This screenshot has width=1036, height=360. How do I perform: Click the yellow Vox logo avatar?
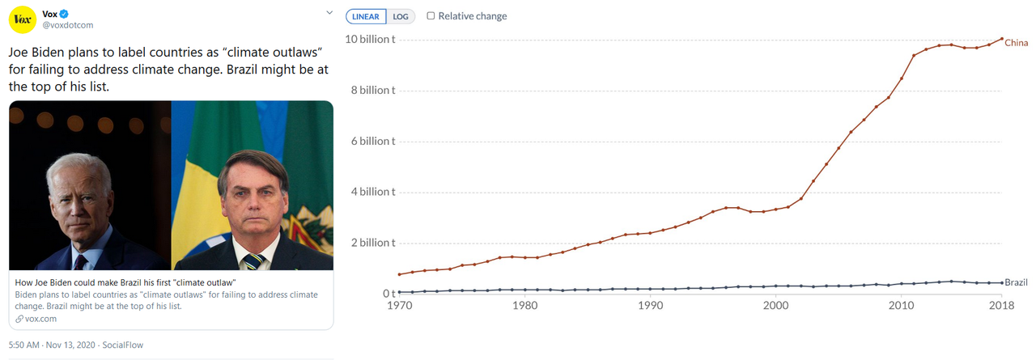(22, 19)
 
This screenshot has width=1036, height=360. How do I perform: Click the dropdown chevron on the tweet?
(329, 13)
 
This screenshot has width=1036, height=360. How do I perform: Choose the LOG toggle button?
(401, 16)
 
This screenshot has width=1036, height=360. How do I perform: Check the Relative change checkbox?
(431, 15)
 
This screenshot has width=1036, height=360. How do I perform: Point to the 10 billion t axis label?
(372, 40)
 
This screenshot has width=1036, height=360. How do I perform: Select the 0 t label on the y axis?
(388, 293)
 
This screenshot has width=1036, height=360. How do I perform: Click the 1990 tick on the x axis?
(650, 307)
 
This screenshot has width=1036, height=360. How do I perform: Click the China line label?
(1016, 43)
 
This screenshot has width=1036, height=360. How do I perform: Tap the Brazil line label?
(1016, 282)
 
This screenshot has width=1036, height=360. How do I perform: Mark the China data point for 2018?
(1002, 39)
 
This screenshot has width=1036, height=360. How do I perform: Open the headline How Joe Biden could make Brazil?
(125, 282)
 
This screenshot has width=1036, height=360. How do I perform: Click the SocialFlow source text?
(124, 345)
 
